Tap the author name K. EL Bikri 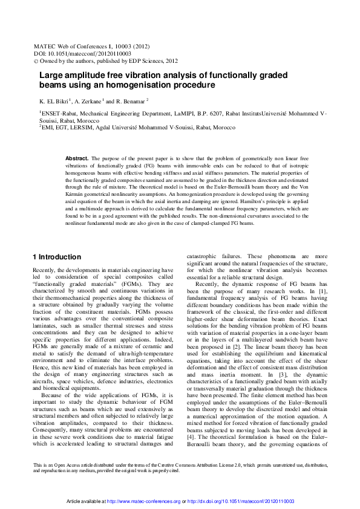pyautogui.click(x=54, y=101)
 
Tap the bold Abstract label pyautogui.click(x=76, y=158)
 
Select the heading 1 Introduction pyautogui.click(x=56, y=257)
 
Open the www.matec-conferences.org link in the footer pyautogui.click(x=143, y=501)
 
